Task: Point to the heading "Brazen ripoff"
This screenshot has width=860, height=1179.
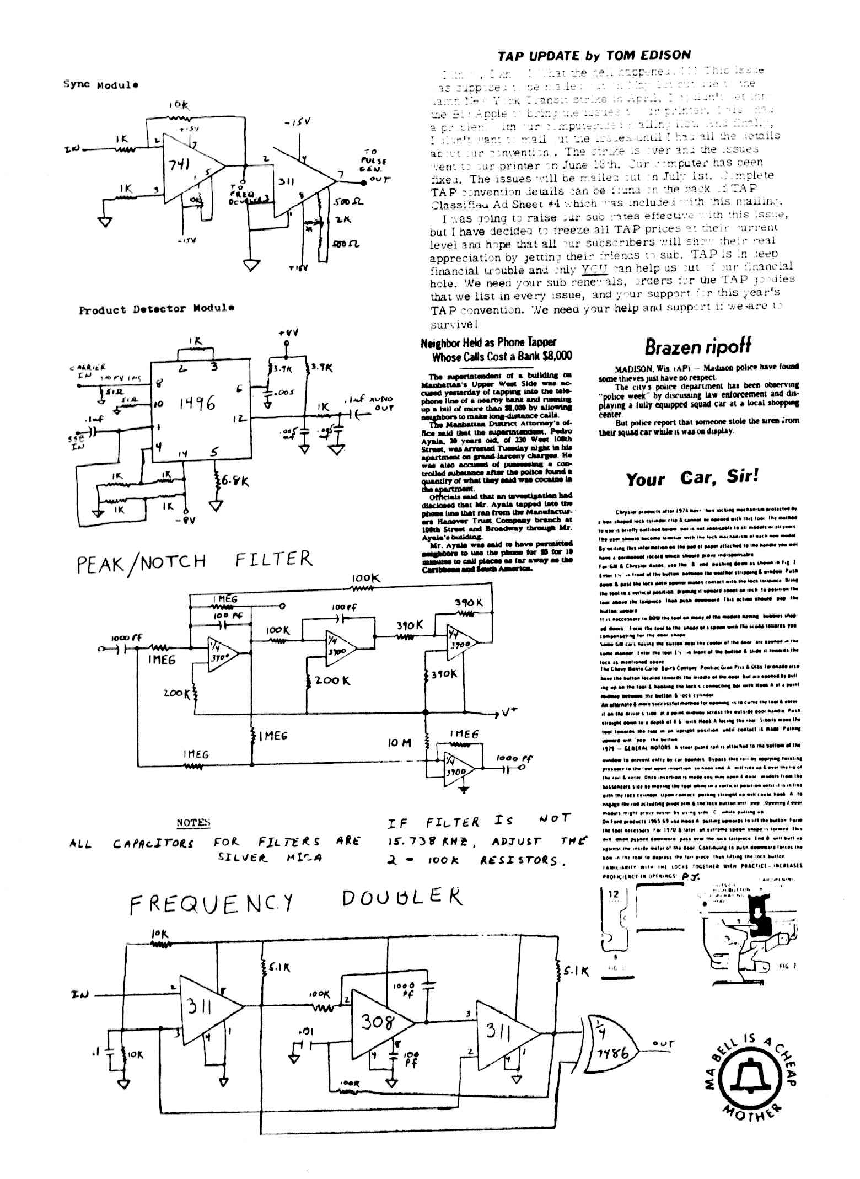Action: click(697, 347)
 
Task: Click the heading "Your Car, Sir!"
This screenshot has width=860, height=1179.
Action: click(692, 478)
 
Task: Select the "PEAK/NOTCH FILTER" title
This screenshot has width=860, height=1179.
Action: click(195, 561)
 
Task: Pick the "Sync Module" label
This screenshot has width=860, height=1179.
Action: click(100, 85)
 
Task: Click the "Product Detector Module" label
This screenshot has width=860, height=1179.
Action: click(156, 309)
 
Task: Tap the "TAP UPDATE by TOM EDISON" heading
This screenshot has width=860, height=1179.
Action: click(594, 55)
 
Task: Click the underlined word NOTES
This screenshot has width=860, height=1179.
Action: click(193, 823)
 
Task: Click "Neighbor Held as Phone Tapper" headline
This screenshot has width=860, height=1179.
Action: click(488, 342)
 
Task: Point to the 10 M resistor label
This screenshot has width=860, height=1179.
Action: click(399, 743)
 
